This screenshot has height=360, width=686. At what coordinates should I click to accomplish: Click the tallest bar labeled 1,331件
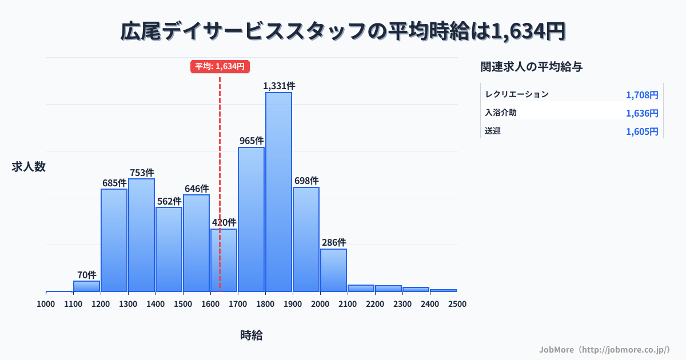coord(278,192)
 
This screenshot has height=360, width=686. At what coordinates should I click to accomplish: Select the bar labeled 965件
coord(251,219)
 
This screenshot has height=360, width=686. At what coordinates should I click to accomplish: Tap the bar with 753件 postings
coord(141,235)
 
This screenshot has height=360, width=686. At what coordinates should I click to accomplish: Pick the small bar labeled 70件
coord(86,286)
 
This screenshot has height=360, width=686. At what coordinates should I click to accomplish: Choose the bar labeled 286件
coord(333,270)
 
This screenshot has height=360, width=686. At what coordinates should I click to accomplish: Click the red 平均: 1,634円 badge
coord(220,66)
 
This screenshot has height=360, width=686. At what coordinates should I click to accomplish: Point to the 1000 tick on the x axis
coord(46,303)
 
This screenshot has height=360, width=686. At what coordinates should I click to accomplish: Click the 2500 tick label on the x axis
coord(457,303)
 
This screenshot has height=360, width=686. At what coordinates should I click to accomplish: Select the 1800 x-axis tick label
coord(265,303)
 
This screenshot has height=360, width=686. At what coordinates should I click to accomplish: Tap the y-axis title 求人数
coord(29,167)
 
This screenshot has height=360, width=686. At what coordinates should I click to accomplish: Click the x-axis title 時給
coord(252,335)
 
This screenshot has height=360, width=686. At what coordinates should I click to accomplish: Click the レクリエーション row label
coord(517,94)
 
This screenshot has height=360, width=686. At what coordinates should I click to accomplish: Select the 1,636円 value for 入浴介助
coord(642,113)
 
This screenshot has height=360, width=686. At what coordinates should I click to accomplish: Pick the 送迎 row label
coord(493,131)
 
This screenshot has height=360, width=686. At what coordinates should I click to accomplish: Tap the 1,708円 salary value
coord(642,95)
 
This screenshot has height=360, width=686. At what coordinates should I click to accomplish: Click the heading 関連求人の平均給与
coord(532,67)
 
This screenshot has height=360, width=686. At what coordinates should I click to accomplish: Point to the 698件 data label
coord(306,181)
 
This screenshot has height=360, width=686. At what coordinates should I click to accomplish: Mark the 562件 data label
coord(169,201)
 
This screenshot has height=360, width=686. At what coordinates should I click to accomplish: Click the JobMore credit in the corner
coord(604,349)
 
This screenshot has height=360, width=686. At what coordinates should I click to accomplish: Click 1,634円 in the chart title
coord(528,31)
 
